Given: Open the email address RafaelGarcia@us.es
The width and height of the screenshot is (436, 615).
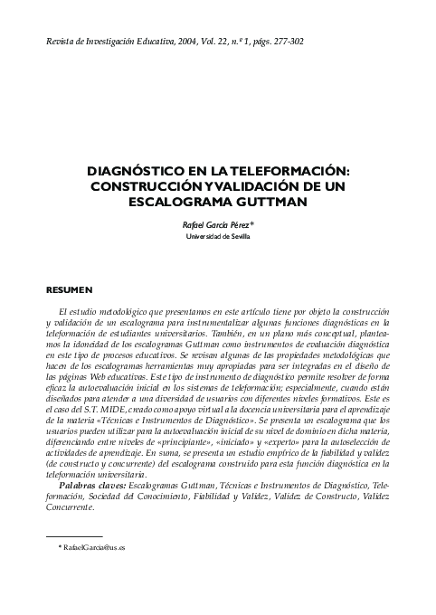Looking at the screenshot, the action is pyautogui.click(x=93, y=549).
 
